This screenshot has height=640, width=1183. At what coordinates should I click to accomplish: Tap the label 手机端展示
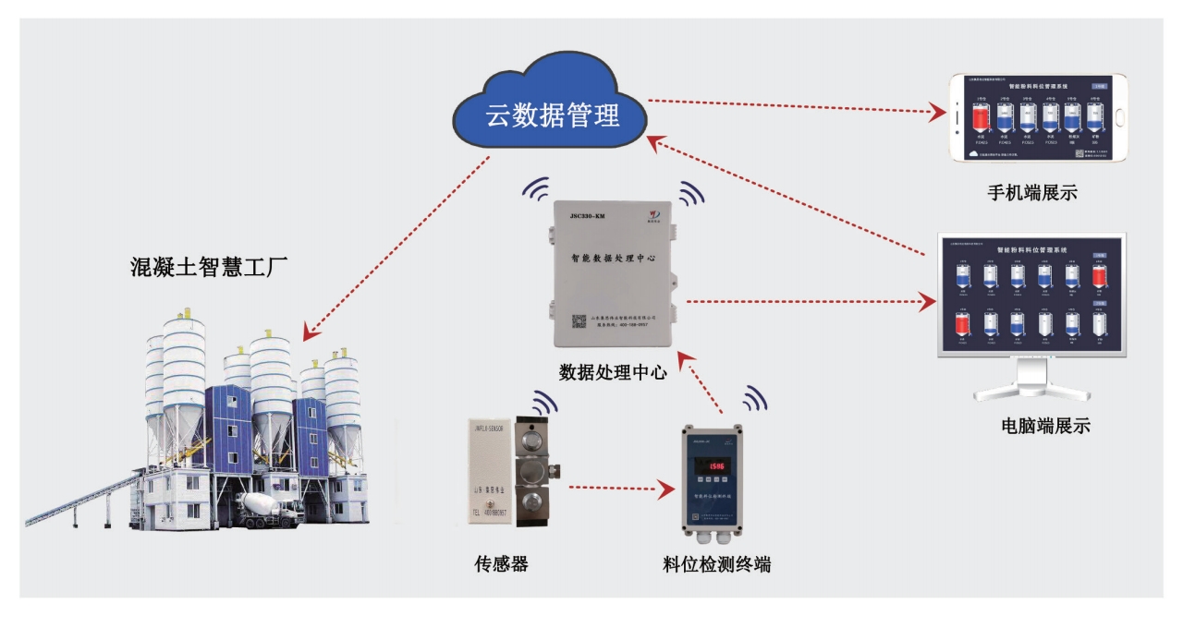click(1031, 193)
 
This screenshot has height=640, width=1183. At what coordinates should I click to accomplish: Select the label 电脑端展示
click(1046, 427)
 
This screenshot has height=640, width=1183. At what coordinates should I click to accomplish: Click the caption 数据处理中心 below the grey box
click(612, 372)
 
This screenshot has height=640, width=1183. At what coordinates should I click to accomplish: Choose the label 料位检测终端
click(716, 563)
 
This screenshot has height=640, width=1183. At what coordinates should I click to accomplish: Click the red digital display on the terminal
click(710, 467)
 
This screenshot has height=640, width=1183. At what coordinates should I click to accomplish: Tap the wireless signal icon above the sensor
click(544, 405)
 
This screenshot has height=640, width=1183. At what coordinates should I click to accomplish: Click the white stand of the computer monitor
click(1031, 379)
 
